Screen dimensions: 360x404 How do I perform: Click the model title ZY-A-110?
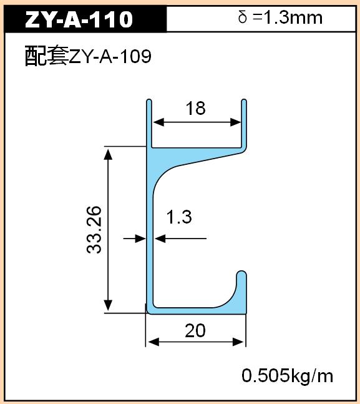coord(79,19)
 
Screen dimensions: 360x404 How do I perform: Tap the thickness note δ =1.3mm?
coord(280,17)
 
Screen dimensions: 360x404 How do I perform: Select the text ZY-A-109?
coord(110,56)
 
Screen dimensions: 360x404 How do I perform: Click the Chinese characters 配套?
coord(47,56)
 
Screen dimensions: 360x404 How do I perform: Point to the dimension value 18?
coord(196,108)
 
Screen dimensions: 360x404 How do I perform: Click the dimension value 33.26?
coord(94,230)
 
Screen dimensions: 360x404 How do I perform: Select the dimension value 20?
coord(195,331)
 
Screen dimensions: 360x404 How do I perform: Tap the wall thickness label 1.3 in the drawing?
coord(179,217)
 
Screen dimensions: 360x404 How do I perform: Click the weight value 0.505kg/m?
coord(288,376)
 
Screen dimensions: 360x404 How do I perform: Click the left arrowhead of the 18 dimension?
coord(158,122)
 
